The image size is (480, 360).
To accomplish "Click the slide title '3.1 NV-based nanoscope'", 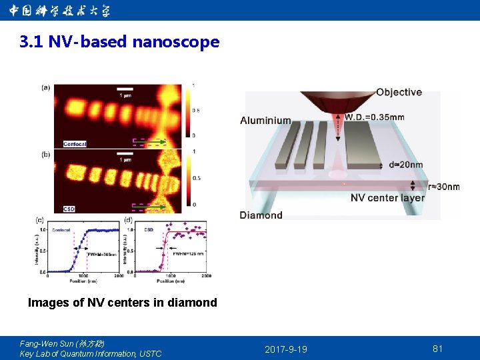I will point(119,42).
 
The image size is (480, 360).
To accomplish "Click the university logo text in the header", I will point(60,11).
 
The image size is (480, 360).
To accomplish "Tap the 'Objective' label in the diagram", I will point(399,92).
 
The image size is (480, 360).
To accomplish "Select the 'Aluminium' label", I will point(265,121).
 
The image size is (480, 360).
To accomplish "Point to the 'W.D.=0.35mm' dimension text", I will point(374,117).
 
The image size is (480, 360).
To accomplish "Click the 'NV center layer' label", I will point(387,198).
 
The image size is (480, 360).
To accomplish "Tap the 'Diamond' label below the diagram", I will point(261,215).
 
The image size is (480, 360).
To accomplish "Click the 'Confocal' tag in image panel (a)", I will point(75,144).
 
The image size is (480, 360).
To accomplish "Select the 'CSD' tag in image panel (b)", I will point(69,209).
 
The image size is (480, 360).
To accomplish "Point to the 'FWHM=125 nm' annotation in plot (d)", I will point(189,253).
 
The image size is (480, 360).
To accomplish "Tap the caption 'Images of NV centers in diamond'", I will point(122,303).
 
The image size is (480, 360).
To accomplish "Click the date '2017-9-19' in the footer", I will point(286,349).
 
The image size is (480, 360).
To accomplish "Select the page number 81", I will point(437,349).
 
